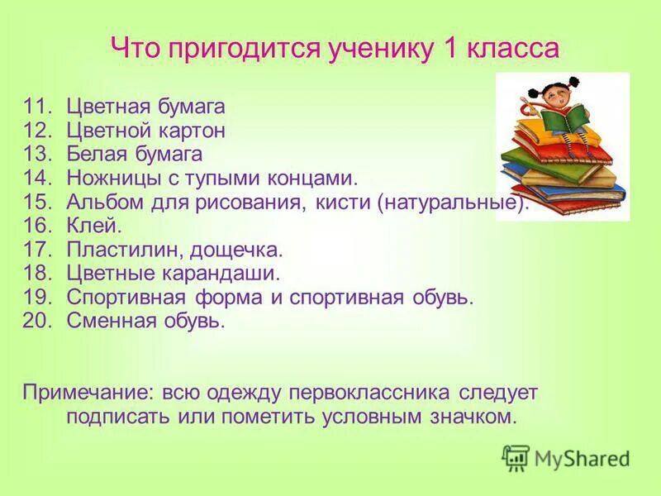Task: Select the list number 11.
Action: click(x=38, y=107)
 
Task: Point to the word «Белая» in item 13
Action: click(x=97, y=154)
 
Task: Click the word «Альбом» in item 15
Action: click(x=103, y=203)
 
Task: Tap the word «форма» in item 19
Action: click(x=245, y=298)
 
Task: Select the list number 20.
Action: click(x=38, y=321)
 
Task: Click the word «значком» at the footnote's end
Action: click(x=472, y=416)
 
